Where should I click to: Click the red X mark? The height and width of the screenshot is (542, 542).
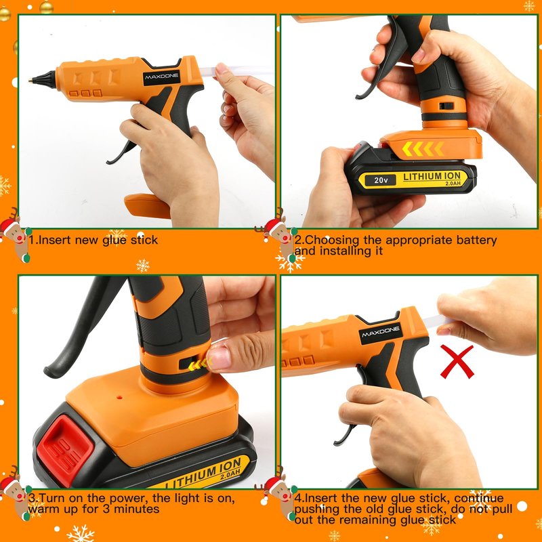(457, 362)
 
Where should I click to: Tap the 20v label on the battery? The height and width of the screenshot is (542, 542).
(381, 180)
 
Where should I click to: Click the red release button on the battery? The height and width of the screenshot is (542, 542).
(66, 450)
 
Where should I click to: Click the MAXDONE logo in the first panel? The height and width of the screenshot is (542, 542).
(161, 77)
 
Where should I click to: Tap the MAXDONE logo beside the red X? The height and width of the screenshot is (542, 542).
(381, 333)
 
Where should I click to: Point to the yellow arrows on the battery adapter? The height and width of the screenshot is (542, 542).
(423, 149)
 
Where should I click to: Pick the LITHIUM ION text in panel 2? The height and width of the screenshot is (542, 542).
(432, 176)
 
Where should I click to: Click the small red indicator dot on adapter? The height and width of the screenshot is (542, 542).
(119, 397)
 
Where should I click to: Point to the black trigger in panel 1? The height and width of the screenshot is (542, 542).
(120, 152)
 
